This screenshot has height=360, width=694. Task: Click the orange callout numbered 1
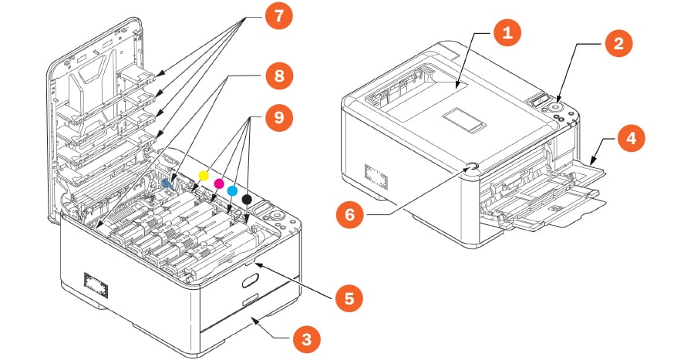coord(507,33)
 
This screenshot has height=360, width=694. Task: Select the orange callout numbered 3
coord(306,337)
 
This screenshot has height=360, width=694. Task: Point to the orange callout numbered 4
coord(631,140)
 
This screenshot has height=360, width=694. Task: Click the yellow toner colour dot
coord(204,175)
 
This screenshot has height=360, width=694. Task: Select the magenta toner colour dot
coord(218,183)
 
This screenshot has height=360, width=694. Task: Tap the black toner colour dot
coord(247,200)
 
